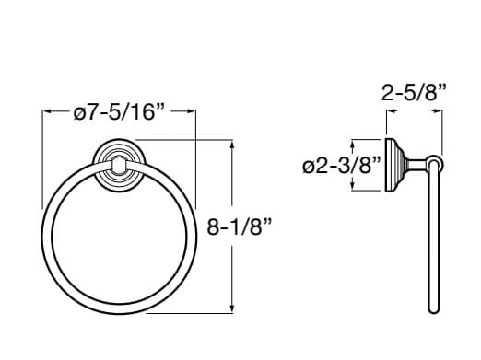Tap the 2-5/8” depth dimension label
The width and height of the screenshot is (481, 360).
point(414,91)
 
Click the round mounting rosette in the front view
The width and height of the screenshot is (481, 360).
point(119,163)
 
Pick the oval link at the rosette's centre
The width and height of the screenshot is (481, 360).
point(119,166)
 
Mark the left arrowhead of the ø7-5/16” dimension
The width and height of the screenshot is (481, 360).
point(47,112)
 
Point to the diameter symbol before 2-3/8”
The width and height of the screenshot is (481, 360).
point(310,167)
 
